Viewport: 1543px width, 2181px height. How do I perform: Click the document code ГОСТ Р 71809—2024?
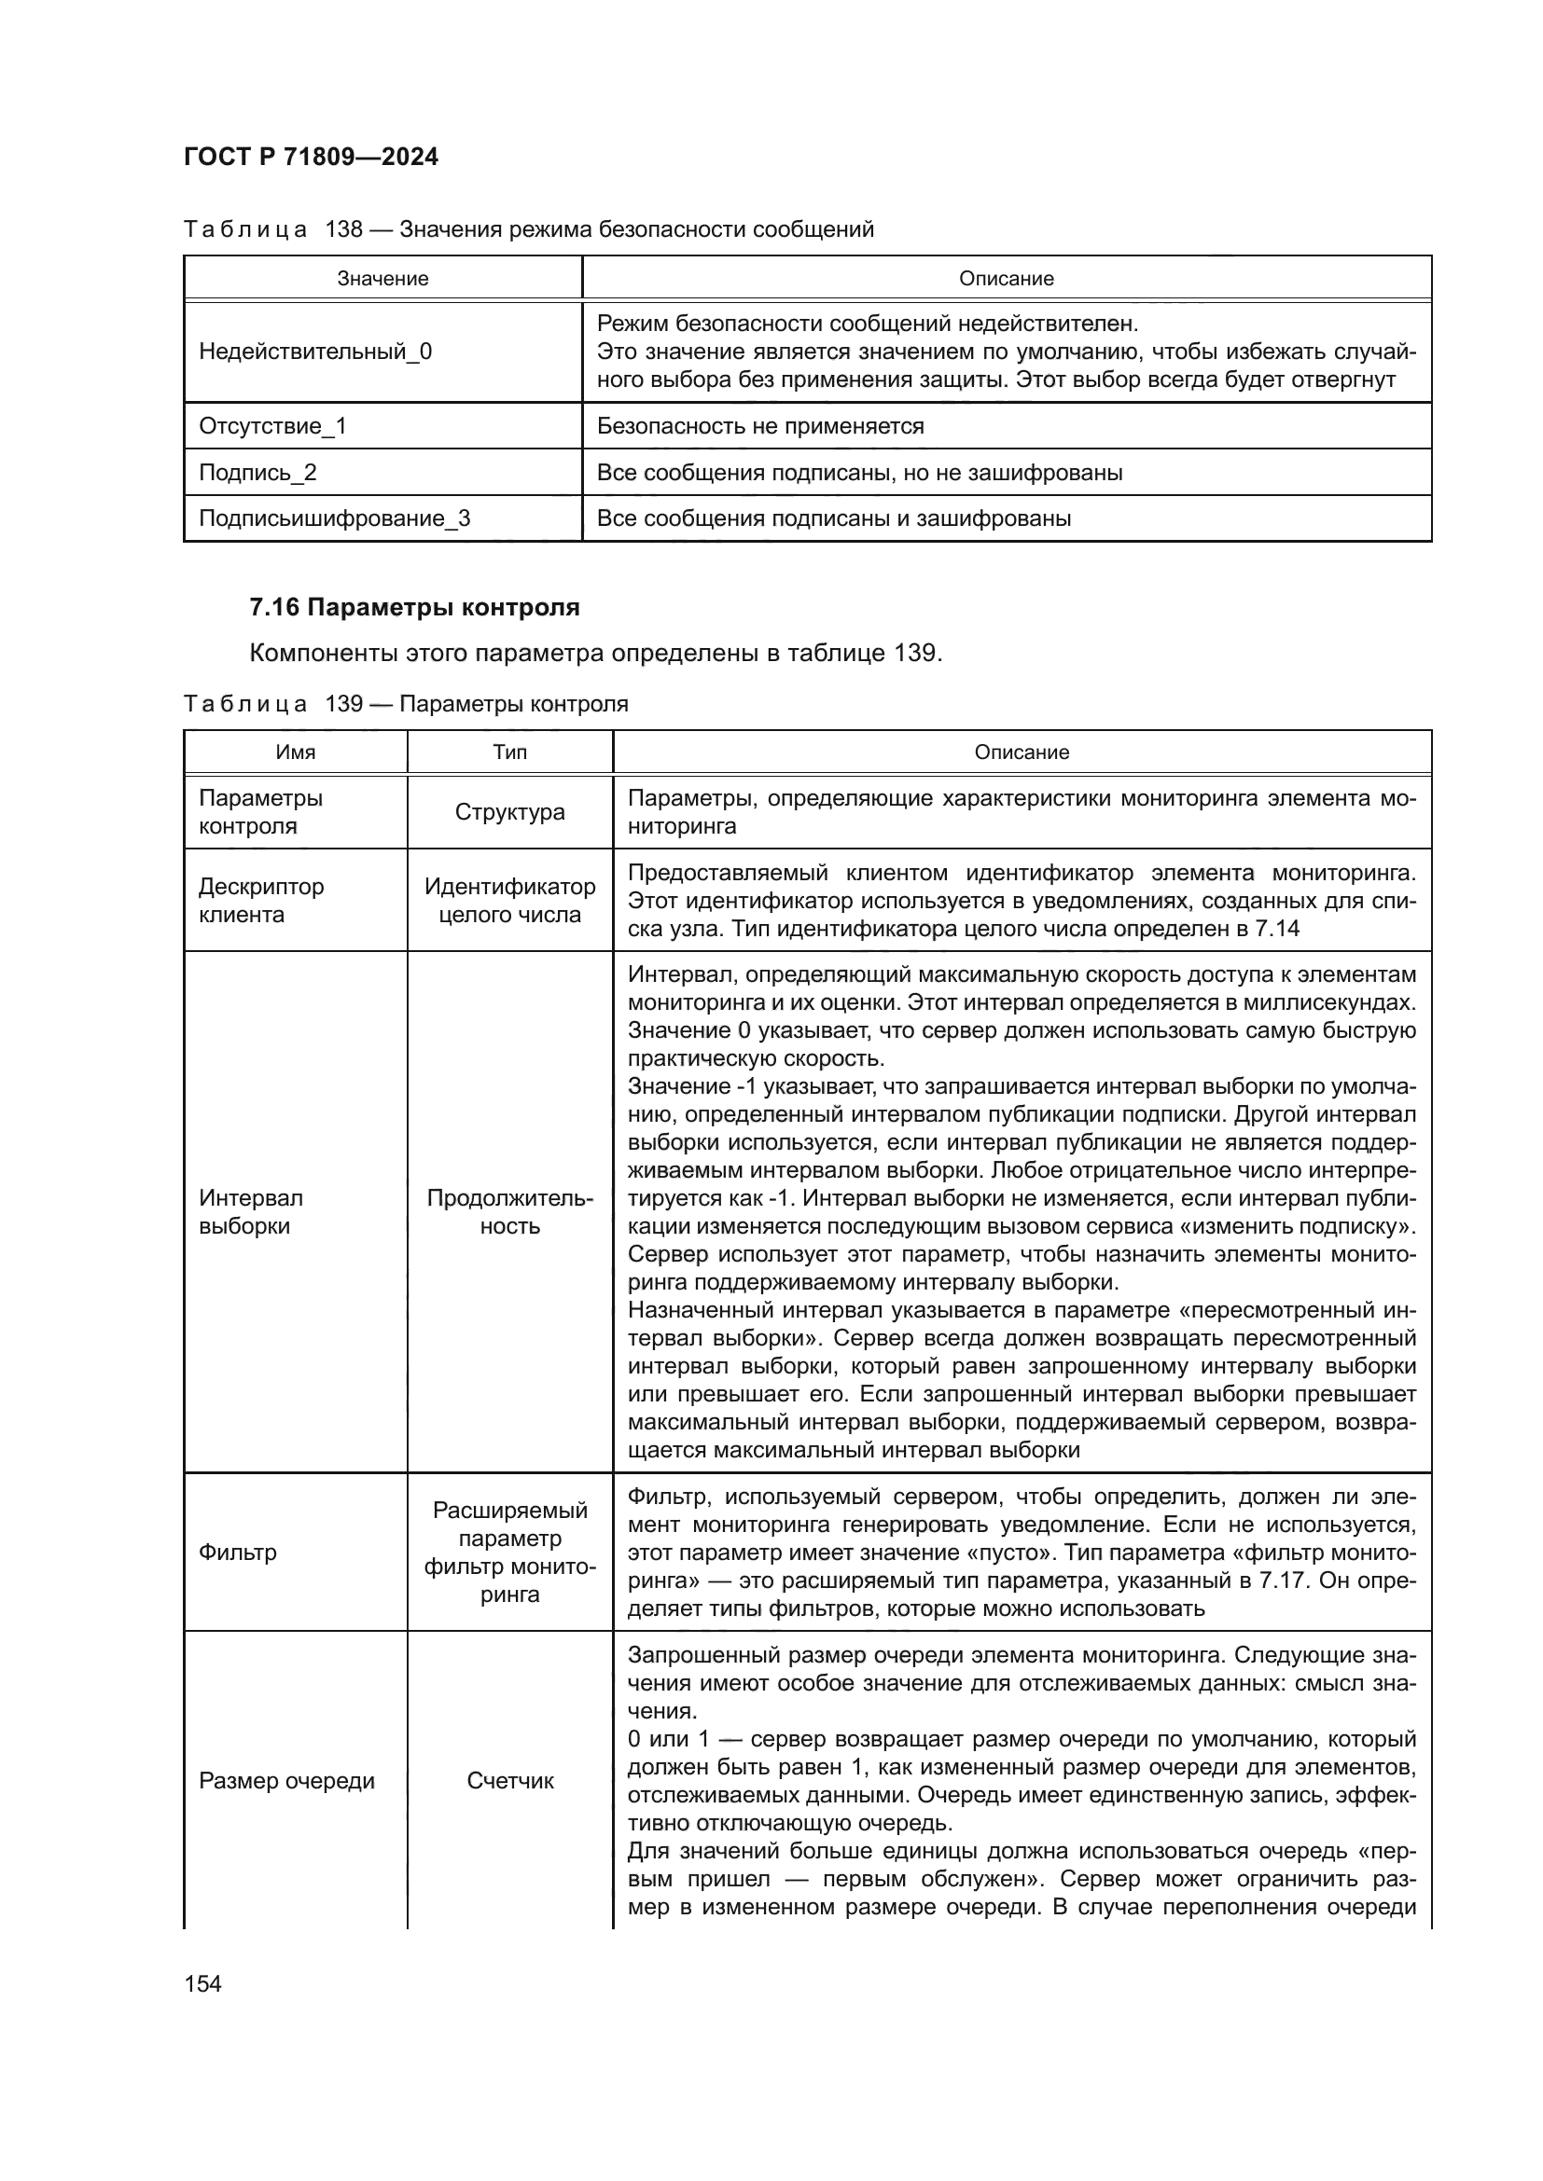(x=311, y=158)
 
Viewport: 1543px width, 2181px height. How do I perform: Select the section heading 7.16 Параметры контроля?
(x=414, y=607)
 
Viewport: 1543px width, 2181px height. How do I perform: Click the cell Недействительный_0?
(x=315, y=352)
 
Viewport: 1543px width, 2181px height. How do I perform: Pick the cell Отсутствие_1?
(x=272, y=425)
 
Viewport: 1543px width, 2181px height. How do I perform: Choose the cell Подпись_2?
(x=257, y=472)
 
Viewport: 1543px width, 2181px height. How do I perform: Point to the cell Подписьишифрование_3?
(x=335, y=518)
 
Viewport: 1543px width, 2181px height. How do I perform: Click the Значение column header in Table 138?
(x=382, y=278)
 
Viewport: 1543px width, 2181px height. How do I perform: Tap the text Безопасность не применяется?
(x=760, y=425)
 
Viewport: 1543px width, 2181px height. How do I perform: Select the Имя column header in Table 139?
(x=296, y=752)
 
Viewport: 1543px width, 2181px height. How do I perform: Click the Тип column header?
(x=510, y=752)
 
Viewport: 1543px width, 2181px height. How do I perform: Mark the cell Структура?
(x=510, y=812)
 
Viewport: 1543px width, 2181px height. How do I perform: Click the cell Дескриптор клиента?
(x=261, y=901)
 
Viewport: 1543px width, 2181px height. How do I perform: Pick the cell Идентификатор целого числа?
(x=510, y=901)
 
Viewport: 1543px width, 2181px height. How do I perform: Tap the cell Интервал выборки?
(x=251, y=1212)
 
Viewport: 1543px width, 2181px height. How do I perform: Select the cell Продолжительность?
(x=510, y=1212)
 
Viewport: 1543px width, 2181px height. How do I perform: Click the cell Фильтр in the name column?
(x=238, y=1553)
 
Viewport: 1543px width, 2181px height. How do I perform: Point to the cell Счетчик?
(x=510, y=1781)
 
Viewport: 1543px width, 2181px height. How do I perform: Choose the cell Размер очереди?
(x=287, y=1781)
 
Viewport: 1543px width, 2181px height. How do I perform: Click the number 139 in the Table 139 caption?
(x=344, y=704)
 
